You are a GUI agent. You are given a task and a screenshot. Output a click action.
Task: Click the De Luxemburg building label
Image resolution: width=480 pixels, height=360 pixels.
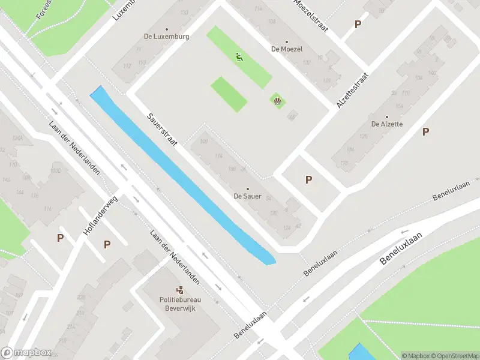coord(166,36)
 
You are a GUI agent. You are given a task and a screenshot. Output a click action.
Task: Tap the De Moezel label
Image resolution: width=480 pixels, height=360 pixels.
coord(287,49)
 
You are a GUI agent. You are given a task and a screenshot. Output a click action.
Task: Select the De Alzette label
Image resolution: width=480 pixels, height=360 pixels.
coord(386,124)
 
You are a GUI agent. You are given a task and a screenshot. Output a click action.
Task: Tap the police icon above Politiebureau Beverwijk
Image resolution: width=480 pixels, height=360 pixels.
coord(178,290)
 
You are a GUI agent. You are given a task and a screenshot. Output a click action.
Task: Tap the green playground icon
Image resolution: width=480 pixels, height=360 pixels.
coord(239,57)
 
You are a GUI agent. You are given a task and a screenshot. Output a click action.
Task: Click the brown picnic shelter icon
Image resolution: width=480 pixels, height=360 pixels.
coord(277,101)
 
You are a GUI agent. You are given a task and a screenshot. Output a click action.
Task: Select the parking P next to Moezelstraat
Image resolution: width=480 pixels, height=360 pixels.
coord(358,24)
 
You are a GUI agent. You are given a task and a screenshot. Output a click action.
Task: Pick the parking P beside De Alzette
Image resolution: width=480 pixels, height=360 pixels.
coord(426,131)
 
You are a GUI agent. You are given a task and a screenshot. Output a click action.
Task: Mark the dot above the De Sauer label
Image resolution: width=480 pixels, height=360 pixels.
coord(247,188)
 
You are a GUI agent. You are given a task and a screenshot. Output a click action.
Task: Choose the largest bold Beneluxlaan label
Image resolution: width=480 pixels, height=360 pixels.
coord(401,249)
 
